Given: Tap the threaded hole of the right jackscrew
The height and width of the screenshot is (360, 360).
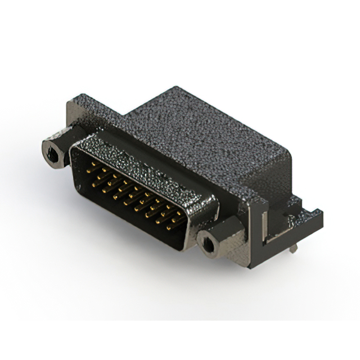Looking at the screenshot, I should click(206, 243).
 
